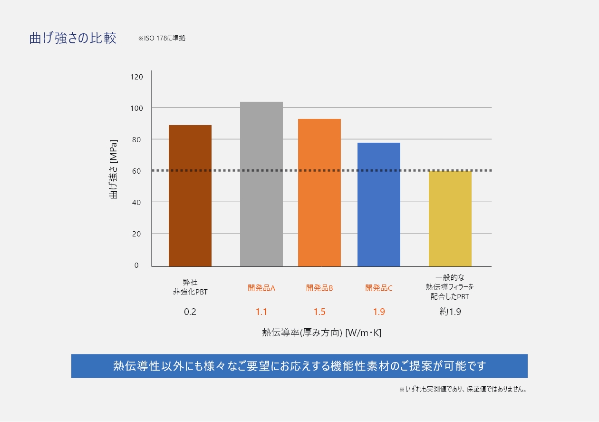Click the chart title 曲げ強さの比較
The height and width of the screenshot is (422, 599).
tap(73, 39)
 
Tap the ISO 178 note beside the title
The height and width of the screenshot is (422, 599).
tap(161, 38)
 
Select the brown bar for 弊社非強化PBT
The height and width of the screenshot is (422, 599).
tap(190, 196)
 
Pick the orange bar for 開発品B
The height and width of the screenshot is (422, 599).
tap(319, 192)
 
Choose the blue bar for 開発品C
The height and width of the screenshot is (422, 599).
tap(378, 204)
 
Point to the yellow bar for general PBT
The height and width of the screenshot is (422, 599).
tap(450, 218)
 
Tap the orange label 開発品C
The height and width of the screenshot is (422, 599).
tap(378, 288)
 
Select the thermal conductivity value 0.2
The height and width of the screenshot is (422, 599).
tap(190, 312)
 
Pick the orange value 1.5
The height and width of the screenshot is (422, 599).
tap(319, 312)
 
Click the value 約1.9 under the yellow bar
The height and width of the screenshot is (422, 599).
tap(450, 312)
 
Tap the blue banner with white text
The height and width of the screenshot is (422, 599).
tap(299, 366)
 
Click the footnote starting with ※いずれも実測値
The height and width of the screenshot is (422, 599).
tap(463, 389)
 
